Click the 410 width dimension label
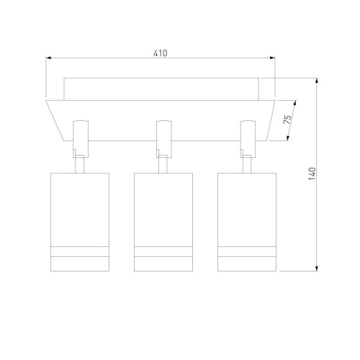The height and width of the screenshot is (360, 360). click(x=161, y=53)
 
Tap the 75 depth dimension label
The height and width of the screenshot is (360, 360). click(x=287, y=120)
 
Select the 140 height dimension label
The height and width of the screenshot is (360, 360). click(x=312, y=174)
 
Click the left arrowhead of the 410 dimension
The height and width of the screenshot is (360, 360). click(x=48, y=58)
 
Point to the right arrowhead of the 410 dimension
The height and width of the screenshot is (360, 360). click(x=272, y=58)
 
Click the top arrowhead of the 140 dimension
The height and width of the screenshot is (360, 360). click(x=317, y=81)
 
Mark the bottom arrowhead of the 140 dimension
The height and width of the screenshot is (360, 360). click(x=317, y=269)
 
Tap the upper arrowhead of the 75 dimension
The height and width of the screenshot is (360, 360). click(x=295, y=103)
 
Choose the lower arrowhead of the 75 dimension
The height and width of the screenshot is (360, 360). click(x=288, y=138)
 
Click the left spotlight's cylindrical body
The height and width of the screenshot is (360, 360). click(x=80, y=222)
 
